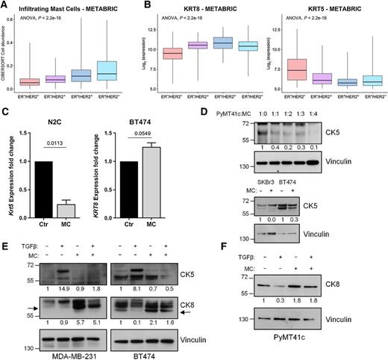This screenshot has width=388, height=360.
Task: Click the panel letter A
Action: point(5,6)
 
